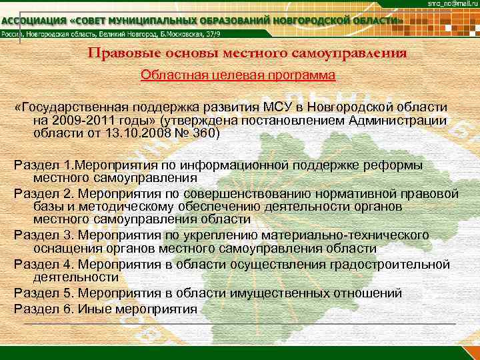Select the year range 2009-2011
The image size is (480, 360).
coord(79,120)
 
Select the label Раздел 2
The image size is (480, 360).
coord(43,194)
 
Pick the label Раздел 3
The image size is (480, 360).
coord(43,235)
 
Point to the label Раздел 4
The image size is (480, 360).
coord(43,264)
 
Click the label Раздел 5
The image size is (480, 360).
coord(43,293)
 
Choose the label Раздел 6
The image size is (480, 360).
coord(43,308)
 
